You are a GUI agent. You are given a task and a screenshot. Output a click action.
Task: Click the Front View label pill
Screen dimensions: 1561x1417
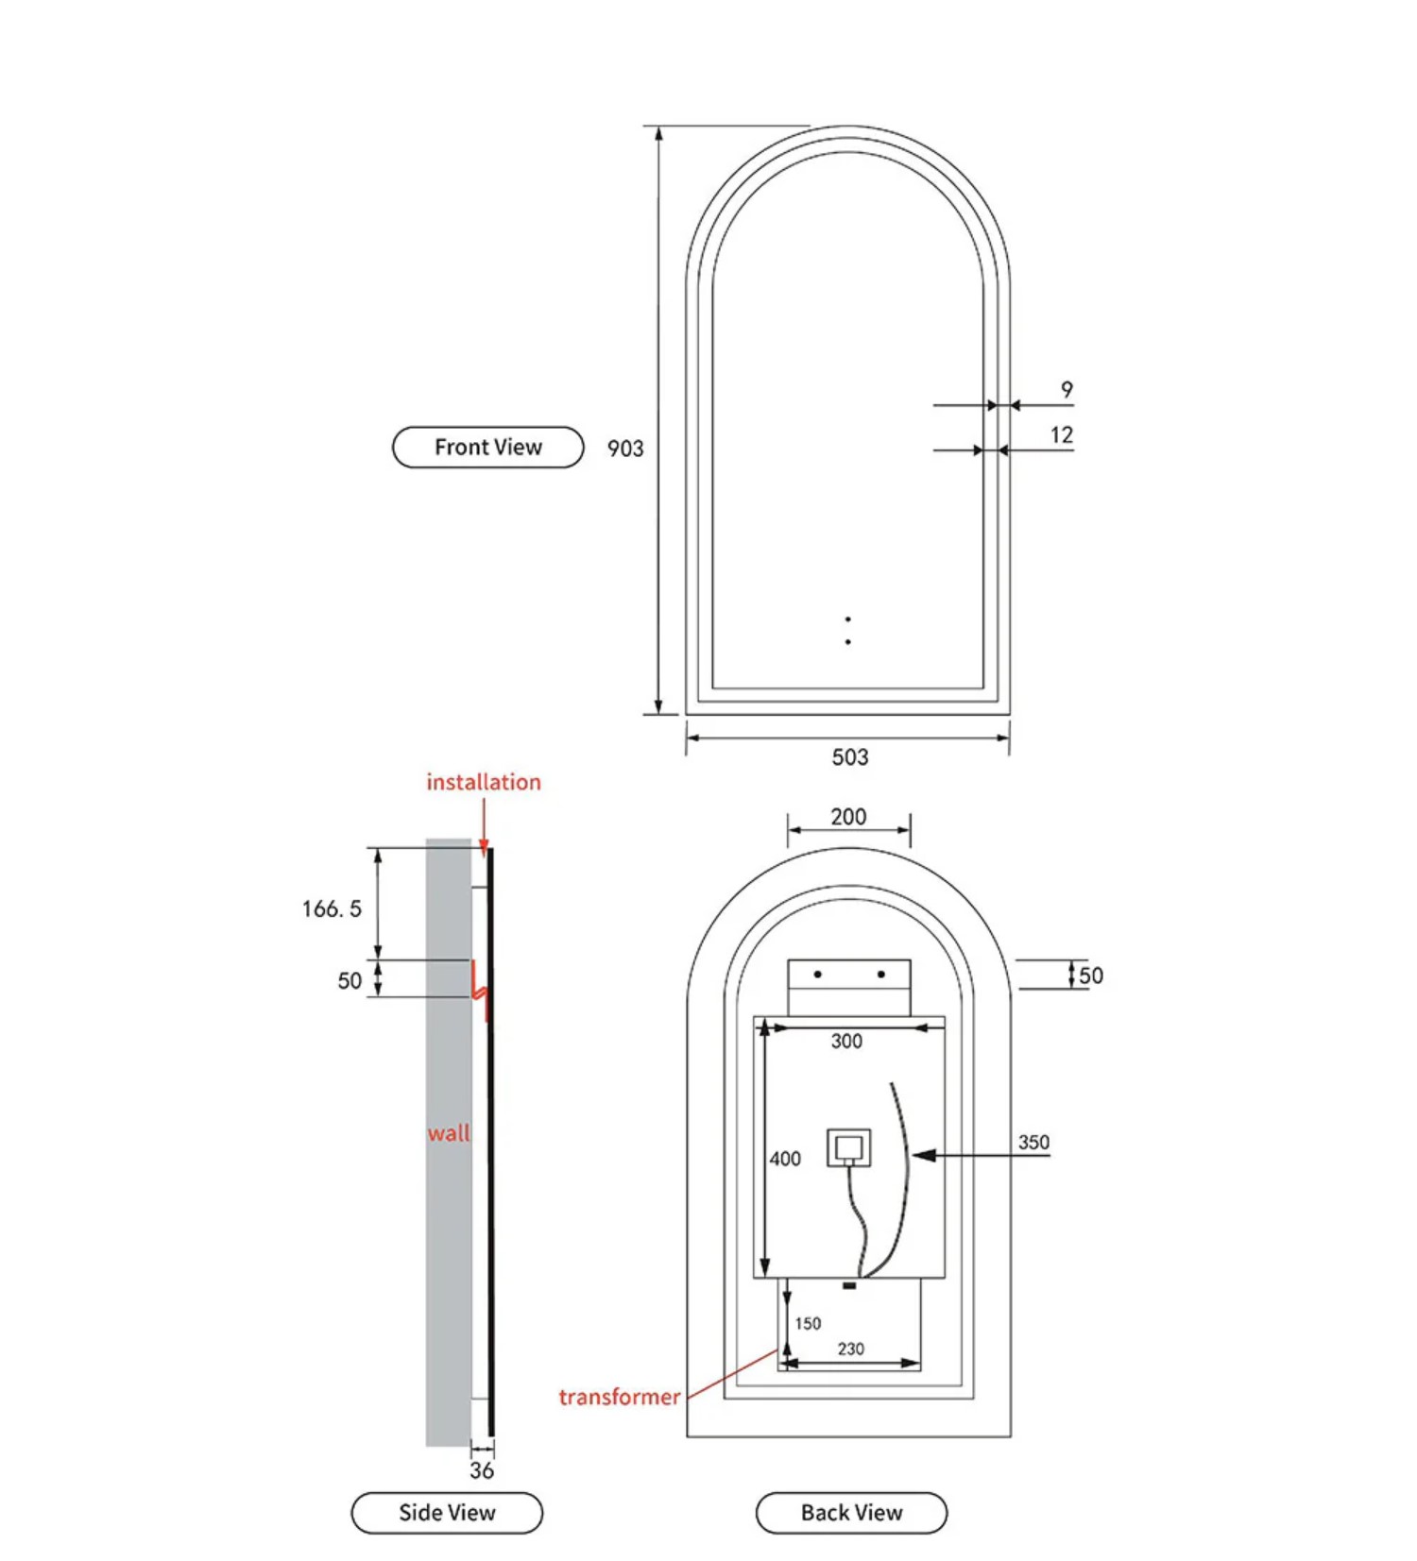487,447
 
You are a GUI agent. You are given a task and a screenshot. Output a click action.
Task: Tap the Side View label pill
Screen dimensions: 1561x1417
447,1512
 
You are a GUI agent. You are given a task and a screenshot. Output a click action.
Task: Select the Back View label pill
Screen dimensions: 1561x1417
851,1512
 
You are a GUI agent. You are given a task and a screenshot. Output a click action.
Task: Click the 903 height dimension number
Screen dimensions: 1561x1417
625,449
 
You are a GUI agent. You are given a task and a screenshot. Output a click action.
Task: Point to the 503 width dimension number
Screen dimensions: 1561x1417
849,757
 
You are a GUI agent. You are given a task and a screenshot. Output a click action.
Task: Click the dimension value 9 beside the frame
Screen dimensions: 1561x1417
1067,390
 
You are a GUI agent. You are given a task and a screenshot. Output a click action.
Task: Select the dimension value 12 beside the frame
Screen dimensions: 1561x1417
1062,435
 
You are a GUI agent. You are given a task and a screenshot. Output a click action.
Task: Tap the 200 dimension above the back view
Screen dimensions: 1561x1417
848,817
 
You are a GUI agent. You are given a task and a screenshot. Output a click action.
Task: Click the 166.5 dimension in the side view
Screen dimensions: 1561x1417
332,909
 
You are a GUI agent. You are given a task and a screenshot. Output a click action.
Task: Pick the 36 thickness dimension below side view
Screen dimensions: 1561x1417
482,1470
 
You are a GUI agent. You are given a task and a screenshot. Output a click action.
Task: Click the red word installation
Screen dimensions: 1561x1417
484,782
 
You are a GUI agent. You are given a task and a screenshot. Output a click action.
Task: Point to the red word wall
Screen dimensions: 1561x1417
449,1133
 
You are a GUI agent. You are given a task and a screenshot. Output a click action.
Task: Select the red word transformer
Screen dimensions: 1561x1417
619,1397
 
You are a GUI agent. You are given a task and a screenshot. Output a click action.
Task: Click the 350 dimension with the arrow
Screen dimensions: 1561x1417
1033,1143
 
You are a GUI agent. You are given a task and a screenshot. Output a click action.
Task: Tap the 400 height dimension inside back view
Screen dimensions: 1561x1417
785,1159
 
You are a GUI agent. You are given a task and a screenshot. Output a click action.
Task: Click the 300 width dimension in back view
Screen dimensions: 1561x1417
846,1042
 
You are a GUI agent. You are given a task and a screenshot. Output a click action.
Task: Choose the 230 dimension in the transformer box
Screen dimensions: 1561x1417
850,1349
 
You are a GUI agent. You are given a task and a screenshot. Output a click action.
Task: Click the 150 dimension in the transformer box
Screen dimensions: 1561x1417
808,1324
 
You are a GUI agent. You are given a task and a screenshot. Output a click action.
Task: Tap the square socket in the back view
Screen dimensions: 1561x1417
848,1147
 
